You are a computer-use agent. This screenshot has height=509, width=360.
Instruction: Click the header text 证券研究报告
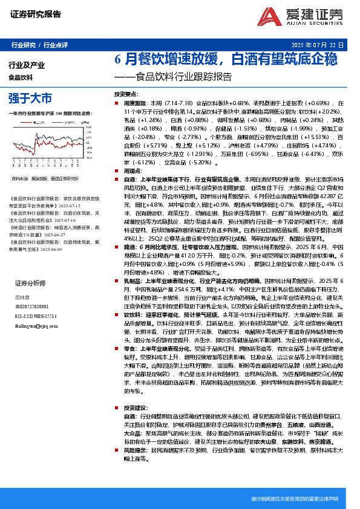click(35, 13)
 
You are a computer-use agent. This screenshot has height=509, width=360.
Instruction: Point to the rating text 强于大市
click(30, 98)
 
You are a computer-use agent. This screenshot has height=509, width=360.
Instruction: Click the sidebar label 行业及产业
click(27, 65)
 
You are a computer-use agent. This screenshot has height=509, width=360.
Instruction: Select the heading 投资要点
click(125, 95)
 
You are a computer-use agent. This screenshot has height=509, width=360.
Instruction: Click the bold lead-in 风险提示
click(134, 450)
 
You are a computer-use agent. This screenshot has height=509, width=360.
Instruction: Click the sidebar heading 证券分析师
click(30, 284)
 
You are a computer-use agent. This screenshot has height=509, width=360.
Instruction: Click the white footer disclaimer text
click(294, 499)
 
